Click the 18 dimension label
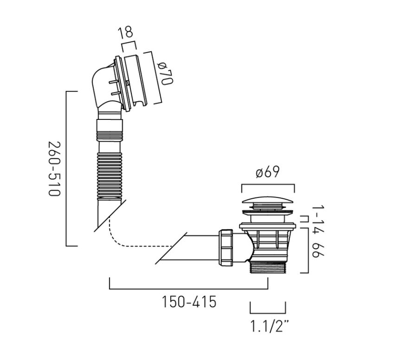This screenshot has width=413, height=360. tap(125, 32)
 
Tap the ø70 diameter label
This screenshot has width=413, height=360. tap(166, 73)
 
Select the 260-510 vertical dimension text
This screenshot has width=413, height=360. tap(54, 169)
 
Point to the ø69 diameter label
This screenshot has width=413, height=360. tap(267, 172)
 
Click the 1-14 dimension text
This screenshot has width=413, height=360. tap(318, 219)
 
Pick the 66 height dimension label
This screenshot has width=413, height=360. tap(318, 250)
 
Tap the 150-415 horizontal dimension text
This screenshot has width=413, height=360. tap(189, 302)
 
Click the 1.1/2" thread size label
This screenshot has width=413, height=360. tap(269, 326)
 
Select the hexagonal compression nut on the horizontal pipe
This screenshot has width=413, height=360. tap(226, 248)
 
